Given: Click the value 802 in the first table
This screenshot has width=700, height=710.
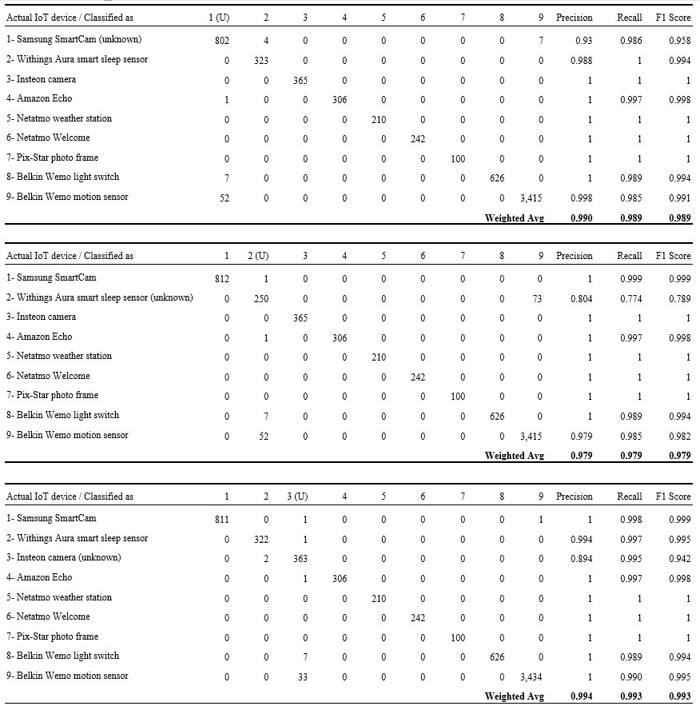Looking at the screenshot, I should tap(221, 40).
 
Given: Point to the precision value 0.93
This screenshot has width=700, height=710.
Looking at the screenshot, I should tap(583, 40).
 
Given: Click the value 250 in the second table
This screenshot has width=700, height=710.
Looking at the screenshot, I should tap(261, 298).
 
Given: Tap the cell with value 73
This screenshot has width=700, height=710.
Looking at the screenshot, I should tap(537, 298).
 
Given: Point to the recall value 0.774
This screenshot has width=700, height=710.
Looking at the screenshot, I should tap(630, 298).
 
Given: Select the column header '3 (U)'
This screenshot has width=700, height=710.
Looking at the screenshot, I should tap(296, 497).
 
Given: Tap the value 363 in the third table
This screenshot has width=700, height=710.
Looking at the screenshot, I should tap(300, 558).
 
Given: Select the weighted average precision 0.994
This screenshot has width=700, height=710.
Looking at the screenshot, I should tap(581, 696).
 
